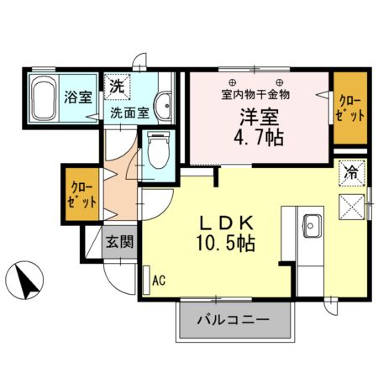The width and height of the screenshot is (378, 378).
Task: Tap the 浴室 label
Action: pos(79,96)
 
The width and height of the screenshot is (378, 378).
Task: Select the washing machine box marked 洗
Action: pos(118,87)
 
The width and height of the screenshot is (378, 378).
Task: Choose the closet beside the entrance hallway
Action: pos(83,194)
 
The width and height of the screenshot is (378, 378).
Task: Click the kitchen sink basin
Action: pos(312,225)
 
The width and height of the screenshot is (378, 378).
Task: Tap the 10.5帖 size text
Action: pos(227,245)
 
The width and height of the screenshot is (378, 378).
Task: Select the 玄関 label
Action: pos(118,244)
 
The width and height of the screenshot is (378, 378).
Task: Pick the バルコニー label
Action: pos(234,320)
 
